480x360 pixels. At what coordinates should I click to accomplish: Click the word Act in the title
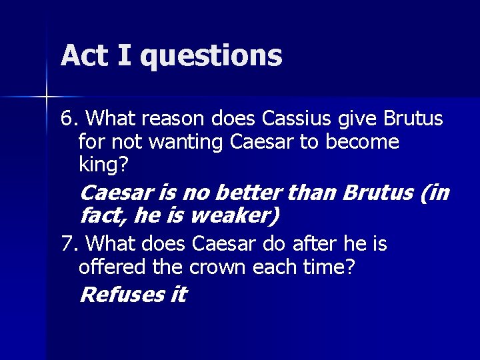(84, 55)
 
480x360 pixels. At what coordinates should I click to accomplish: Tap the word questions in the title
(211, 57)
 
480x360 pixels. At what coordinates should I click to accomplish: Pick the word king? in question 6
(101, 165)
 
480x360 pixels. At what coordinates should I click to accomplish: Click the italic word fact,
(103, 215)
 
